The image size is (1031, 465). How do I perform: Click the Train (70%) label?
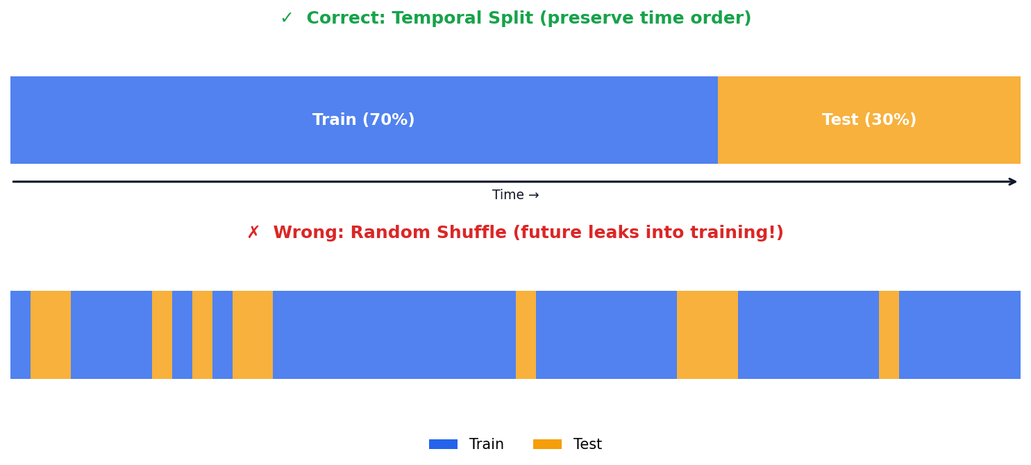tap(363, 120)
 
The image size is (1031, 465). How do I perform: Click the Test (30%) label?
tap(869, 120)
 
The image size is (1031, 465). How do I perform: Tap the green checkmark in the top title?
tap(286, 19)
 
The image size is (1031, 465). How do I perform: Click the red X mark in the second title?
tap(253, 233)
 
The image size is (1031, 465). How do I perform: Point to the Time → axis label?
tap(515, 196)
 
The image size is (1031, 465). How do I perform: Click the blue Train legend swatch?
tap(443, 444)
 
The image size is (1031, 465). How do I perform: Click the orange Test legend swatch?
tap(547, 444)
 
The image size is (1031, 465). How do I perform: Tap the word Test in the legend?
tap(587, 444)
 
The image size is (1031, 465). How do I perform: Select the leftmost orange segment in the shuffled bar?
tap(51, 335)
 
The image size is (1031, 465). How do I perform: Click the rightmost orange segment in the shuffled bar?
tap(889, 335)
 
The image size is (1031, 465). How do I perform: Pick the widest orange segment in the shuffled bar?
tap(707, 335)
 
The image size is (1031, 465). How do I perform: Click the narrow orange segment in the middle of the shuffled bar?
tap(526, 335)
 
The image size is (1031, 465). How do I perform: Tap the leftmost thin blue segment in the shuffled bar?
tap(20, 335)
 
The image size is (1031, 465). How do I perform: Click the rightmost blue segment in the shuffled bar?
tap(959, 335)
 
